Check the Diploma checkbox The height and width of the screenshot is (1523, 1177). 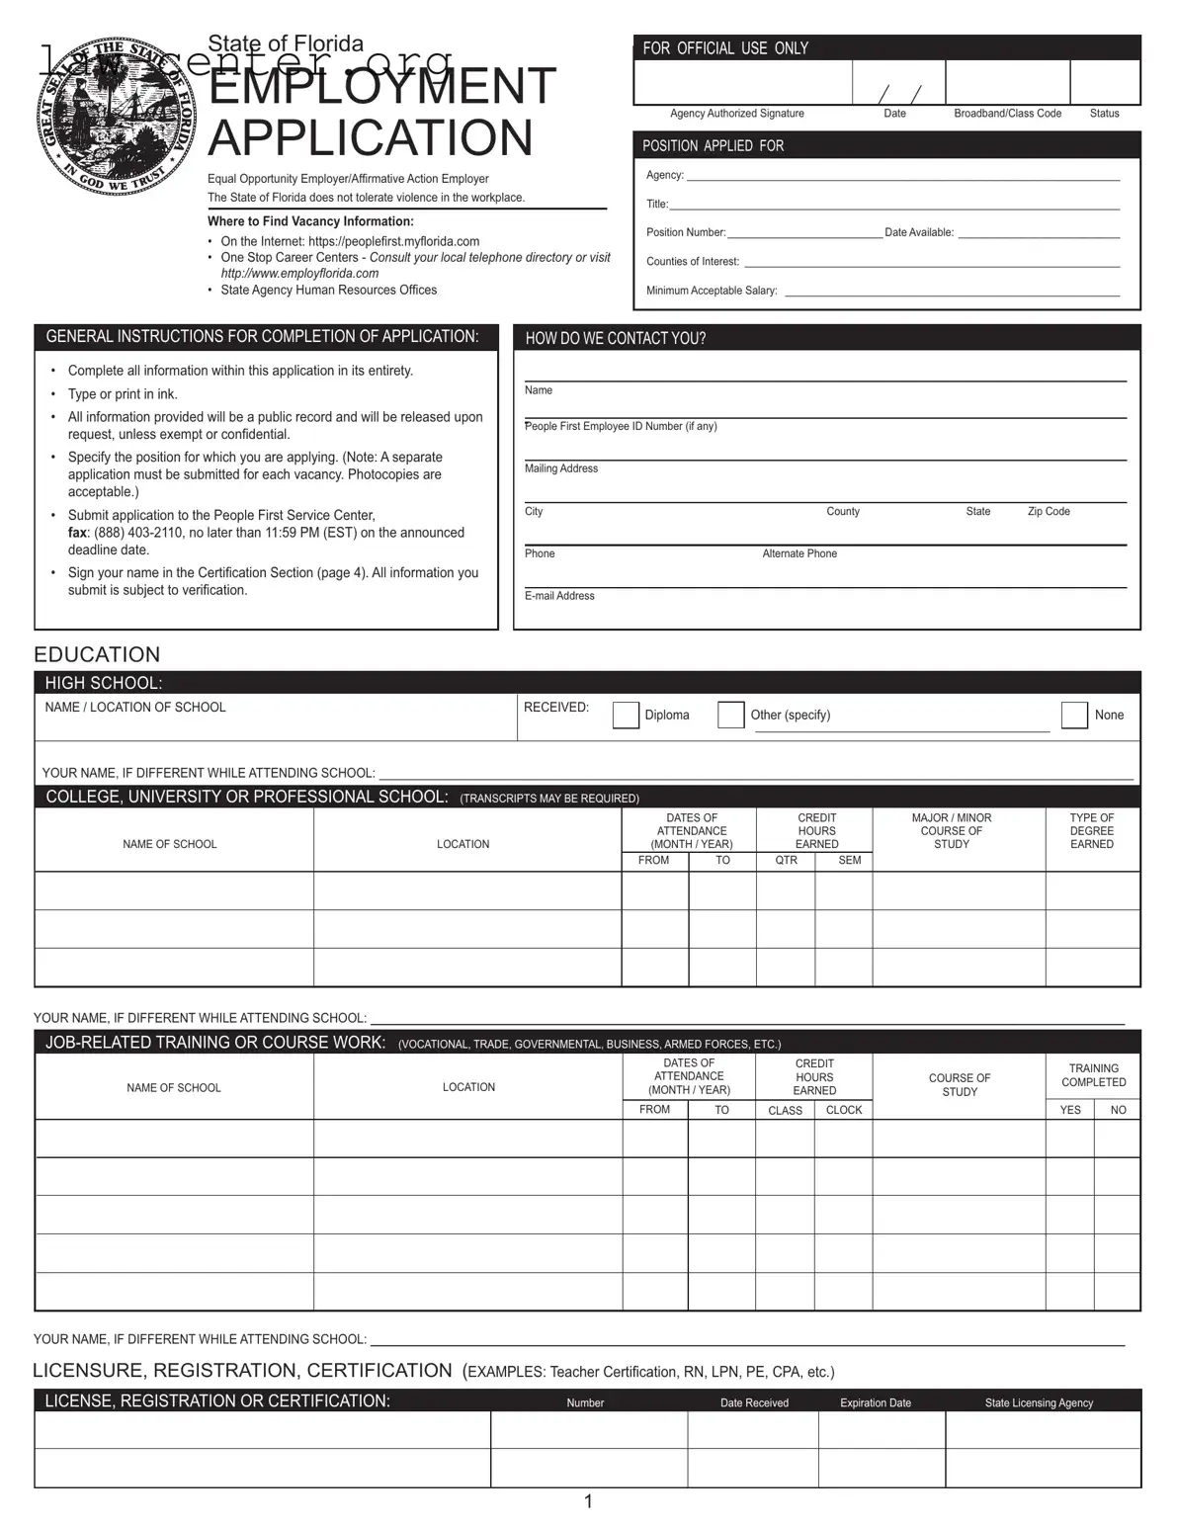click(x=626, y=715)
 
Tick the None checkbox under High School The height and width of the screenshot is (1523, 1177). click(x=1074, y=715)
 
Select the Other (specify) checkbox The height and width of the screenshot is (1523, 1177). click(x=730, y=715)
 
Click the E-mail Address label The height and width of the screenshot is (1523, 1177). click(x=559, y=596)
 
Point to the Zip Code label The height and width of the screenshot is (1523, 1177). click(x=1049, y=512)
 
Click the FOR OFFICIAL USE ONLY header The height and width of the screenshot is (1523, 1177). click(x=725, y=48)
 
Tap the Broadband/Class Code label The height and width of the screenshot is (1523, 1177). click(x=1007, y=114)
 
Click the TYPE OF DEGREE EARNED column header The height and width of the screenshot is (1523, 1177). click(x=1091, y=831)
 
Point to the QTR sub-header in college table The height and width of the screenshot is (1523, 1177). click(x=786, y=861)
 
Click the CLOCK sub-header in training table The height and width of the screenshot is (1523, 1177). click(x=844, y=1110)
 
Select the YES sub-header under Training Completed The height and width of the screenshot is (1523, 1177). click(x=1070, y=1110)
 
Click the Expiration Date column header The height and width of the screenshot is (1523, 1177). click(x=876, y=1402)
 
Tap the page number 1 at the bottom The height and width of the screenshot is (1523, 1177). click(x=588, y=1502)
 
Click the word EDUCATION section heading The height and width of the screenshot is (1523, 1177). click(x=97, y=654)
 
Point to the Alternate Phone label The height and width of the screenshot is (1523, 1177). click(x=799, y=553)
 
